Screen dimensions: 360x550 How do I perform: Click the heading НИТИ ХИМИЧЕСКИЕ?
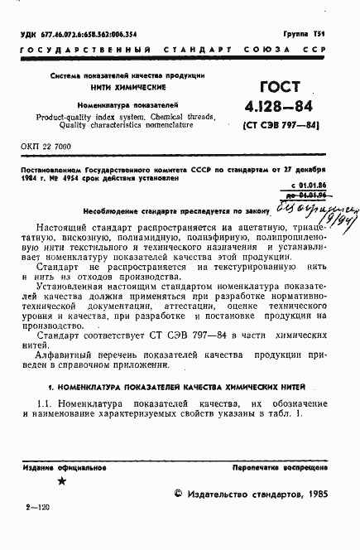click(x=116, y=87)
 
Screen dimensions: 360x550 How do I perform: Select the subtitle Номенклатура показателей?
click(x=116, y=106)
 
